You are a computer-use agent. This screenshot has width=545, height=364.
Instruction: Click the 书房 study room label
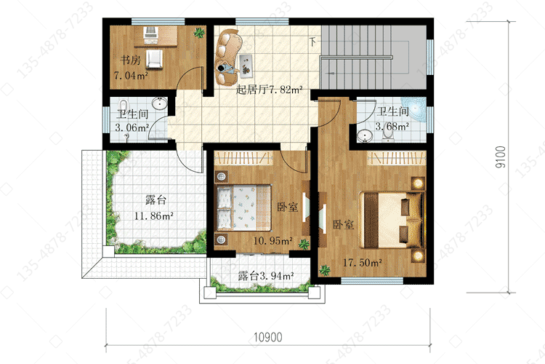click(130, 60)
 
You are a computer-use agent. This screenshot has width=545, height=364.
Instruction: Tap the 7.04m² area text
click(131, 75)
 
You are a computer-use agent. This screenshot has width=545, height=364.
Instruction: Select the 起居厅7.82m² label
click(269, 90)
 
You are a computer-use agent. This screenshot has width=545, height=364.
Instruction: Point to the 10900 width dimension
click(267, 337)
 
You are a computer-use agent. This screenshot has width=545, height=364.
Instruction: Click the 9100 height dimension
click(501, 157)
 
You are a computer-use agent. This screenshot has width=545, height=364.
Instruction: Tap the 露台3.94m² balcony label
click(266, 276)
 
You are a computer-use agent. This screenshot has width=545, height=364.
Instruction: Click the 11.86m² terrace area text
click(154, 216)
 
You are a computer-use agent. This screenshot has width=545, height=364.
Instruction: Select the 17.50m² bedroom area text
click(363, 262)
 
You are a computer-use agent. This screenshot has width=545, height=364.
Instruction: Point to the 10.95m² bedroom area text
click(272, 241)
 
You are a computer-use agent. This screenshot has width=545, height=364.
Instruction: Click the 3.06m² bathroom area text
click(132, 127)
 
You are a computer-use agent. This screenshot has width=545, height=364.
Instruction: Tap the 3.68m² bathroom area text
click(392, 126)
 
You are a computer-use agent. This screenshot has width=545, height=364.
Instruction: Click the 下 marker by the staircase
click(313, 41)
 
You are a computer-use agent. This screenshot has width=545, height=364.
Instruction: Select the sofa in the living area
click(227, 58)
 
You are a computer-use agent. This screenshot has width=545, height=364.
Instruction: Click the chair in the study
click(153, 59)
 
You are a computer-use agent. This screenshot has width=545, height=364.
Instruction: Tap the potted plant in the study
click(199, 33)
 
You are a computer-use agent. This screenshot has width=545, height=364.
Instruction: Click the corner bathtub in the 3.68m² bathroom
click(415, 108)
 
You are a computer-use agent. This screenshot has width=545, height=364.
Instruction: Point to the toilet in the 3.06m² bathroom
click(123, 105)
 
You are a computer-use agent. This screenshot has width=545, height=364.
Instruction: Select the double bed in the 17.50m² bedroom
click(392, 219)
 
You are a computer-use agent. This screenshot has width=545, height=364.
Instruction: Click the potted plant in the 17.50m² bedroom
click(325, 270)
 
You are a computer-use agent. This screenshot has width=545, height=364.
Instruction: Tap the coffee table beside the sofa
click(246, 65)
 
